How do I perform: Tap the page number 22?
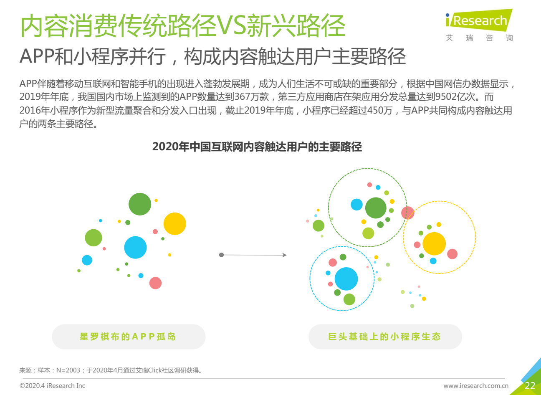click(530, 386)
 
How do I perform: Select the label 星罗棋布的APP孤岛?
click(128, 337)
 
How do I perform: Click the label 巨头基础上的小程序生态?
click(385, 337)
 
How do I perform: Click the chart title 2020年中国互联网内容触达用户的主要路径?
click(257, 147)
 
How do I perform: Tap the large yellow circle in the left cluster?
click(174, 224)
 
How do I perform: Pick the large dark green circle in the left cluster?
click(140, 204)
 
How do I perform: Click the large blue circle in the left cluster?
click(136, 247)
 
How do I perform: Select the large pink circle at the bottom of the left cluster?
click(156, 283)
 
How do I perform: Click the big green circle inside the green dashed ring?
click(376, 208)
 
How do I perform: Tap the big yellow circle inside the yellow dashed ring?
click(434, 243)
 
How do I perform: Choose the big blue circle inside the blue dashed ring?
click(346, 279)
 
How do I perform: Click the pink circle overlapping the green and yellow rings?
click(408, 213)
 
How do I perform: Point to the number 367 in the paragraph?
click(242, 96)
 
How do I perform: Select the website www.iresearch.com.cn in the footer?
click(476, 386)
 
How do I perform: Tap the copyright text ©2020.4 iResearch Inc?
click(52, 386)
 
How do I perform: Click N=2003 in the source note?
click(68, 370)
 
